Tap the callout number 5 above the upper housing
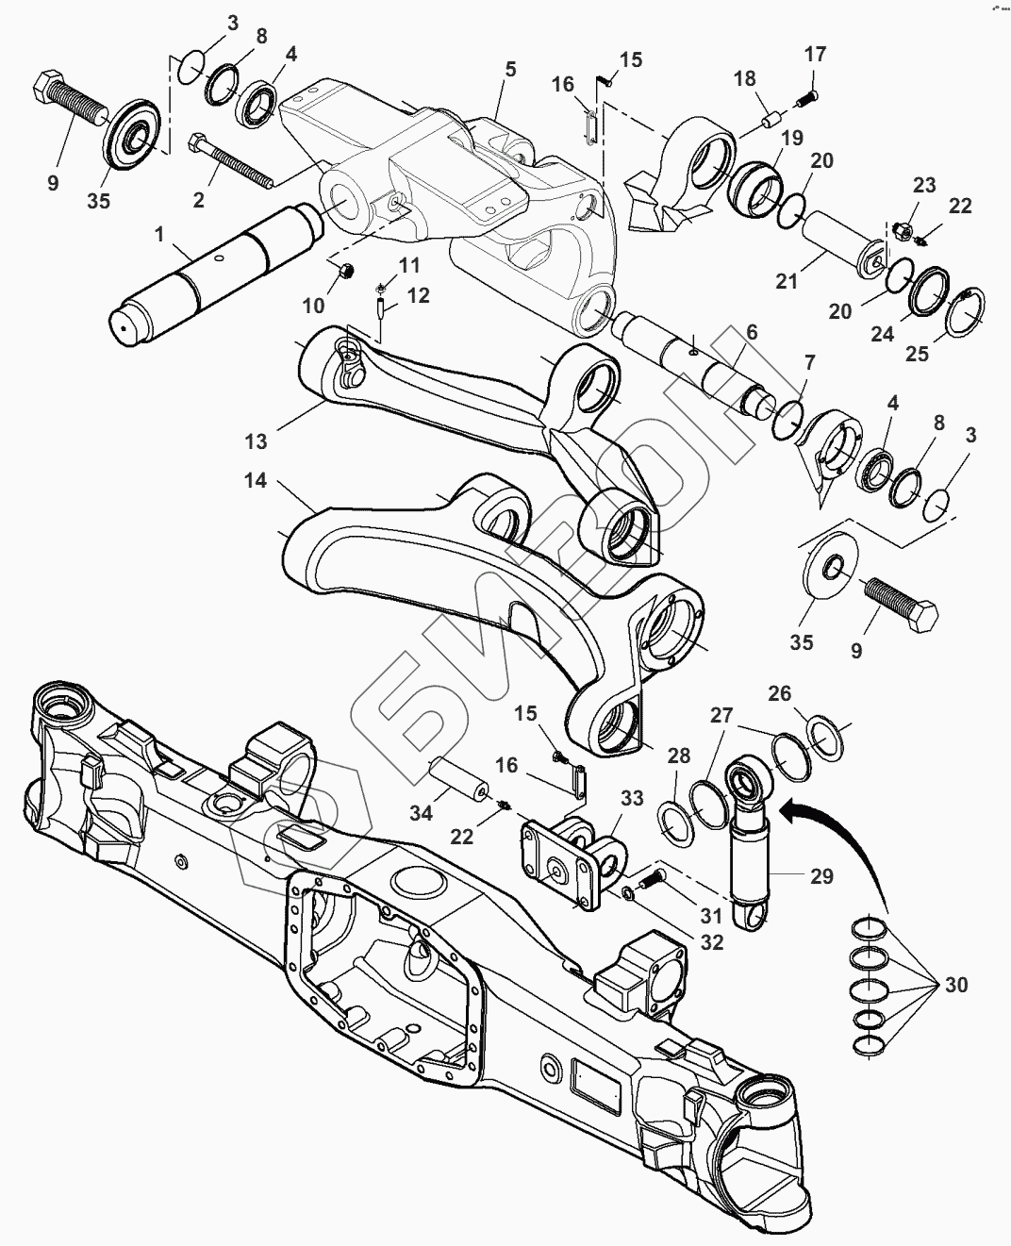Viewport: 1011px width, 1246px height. pyautogui.click(x=510, y=69)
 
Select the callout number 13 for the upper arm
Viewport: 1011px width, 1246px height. pyautogui.click(x=257, y=440)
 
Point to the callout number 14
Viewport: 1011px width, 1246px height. pyautogui.click(x=256, y=481)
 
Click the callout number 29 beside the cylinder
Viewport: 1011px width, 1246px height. pyautogui.click(x=821, y=876)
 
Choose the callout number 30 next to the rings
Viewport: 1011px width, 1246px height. pyautogui.click(x=955, y=986)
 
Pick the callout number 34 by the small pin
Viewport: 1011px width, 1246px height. pyautogui.click(x=421, y=810)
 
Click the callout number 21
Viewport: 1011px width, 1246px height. pyautogui.click(x=787, y=280)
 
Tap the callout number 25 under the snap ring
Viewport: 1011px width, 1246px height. pyautogui.click(x=917, y=355)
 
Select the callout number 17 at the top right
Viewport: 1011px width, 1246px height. pyautogui.click(x=815, y=55)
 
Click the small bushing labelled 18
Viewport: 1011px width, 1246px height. pyautogui.click(x=771, y=122)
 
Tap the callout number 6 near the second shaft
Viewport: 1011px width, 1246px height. pyautogui.click(x=751, y=332)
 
